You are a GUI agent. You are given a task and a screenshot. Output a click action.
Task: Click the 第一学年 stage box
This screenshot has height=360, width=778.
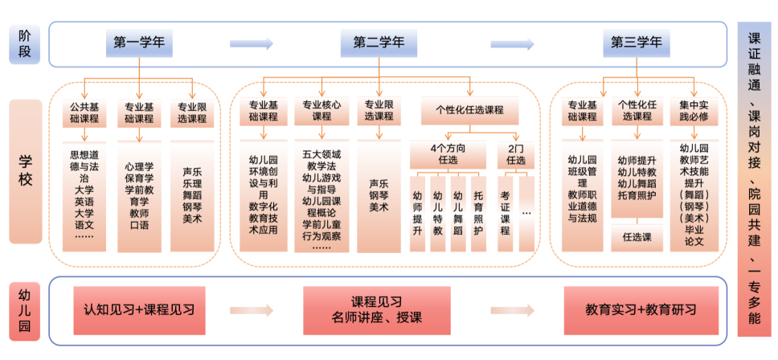(139, 43)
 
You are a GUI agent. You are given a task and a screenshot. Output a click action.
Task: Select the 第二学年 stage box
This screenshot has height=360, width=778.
(379, 43)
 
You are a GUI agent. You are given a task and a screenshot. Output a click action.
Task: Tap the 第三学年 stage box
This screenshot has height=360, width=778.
(637, 43)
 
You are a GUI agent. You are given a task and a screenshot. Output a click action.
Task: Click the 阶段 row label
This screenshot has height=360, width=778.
(24, 43)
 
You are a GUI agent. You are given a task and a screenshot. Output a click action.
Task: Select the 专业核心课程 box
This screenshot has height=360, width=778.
(321, 111)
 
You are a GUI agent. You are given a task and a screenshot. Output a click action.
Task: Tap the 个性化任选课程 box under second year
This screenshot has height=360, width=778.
(469, 111)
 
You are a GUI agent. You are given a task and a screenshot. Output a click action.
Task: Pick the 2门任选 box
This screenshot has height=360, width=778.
(515, 154)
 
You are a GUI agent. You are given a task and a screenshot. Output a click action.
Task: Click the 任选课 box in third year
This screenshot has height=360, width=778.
(637, 238)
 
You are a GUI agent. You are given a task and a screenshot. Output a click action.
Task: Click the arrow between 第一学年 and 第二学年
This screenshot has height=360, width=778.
(252, 43)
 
